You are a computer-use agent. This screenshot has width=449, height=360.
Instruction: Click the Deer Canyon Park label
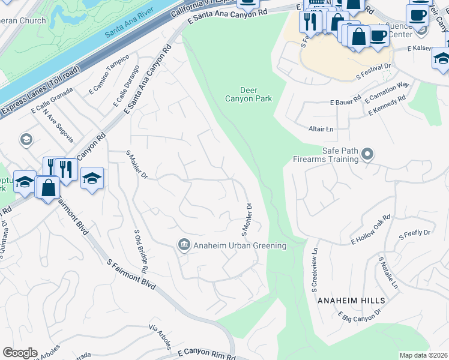point(248,94)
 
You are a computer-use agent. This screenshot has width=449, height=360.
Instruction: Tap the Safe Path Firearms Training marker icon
point(368,155)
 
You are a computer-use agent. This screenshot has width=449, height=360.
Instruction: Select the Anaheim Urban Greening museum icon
point(184,245)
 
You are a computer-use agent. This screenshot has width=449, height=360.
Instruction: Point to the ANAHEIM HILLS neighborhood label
point(349,300)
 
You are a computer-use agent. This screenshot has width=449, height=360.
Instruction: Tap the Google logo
point(20,352)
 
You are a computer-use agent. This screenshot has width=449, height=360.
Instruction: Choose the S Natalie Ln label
point(387,274)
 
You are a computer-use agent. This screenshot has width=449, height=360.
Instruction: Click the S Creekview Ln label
point(313,268)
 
